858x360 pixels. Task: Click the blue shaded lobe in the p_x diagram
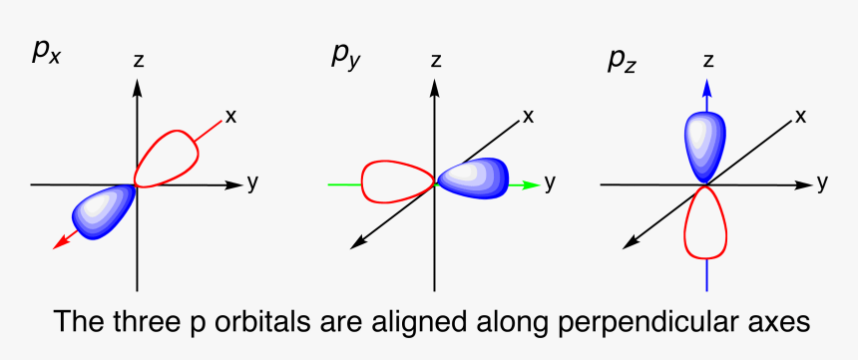[x=103, y=207]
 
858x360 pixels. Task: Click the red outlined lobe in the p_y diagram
[x=395, y=181]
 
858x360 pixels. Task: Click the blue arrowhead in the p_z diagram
[x=706, y=89]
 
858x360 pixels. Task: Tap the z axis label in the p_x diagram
[x=138, y=60]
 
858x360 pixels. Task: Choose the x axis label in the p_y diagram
[x=528, y=116]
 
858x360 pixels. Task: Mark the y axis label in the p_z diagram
[x=822, y=182]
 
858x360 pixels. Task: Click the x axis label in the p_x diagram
[x=230, y=116]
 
